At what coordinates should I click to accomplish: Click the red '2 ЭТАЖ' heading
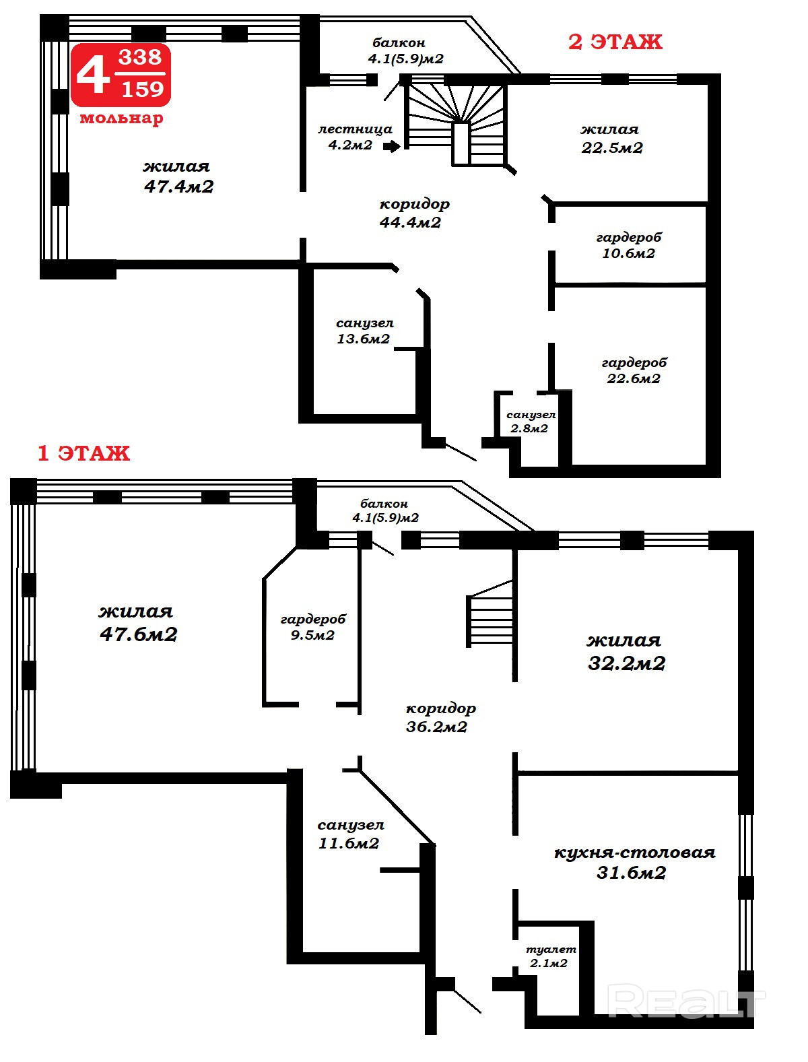615,42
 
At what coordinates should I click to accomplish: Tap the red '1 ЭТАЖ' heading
83,453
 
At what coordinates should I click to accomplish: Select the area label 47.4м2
178,187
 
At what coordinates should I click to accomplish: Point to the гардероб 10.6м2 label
628,245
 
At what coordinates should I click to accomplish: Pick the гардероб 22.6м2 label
634,370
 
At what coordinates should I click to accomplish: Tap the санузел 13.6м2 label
364,331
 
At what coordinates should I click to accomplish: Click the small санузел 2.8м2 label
531,422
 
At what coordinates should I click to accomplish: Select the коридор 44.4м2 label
414,213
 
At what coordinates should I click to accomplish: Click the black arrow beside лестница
392,146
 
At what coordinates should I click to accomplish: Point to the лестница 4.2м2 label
354,137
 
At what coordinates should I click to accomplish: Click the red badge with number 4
121,75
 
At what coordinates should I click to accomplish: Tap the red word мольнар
121,118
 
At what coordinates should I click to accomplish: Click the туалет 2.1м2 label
550,956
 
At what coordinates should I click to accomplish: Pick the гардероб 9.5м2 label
313,627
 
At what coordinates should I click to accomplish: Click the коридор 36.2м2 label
440,717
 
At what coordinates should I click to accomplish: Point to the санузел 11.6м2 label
350,834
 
